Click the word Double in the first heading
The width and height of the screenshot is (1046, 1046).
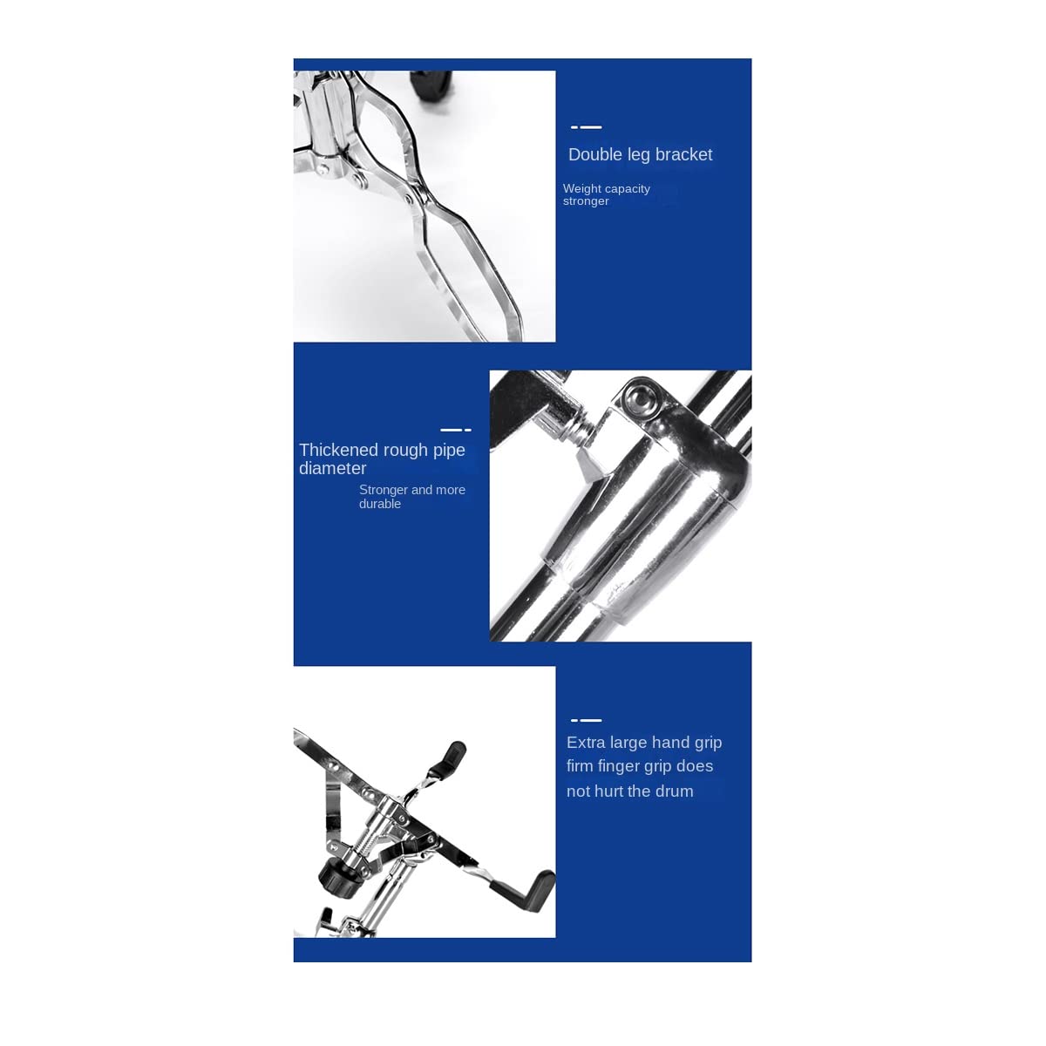point(594,155)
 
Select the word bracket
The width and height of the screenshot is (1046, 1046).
point(683,155)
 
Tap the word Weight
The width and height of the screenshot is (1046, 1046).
point(581,188)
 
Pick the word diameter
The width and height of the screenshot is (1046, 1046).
point(332,469)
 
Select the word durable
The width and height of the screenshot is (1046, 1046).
point(380,504)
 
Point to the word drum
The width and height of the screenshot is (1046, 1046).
point(674,791)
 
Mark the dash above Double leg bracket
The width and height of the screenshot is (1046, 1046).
point(586,127)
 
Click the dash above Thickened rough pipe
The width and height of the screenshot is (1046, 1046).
point(455,430)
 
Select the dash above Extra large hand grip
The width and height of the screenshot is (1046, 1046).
point(586,720)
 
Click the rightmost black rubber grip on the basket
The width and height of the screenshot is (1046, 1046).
point(533,889)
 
